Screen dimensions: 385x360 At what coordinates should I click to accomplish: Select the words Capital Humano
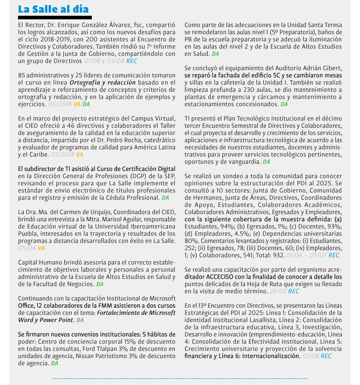click(x=37, y=262)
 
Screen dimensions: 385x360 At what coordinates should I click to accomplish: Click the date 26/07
click(x=277, y=291)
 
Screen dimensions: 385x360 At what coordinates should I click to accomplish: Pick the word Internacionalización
click(x=271, y=356)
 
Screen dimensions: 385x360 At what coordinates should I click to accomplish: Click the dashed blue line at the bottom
click(x=180, y=379)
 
